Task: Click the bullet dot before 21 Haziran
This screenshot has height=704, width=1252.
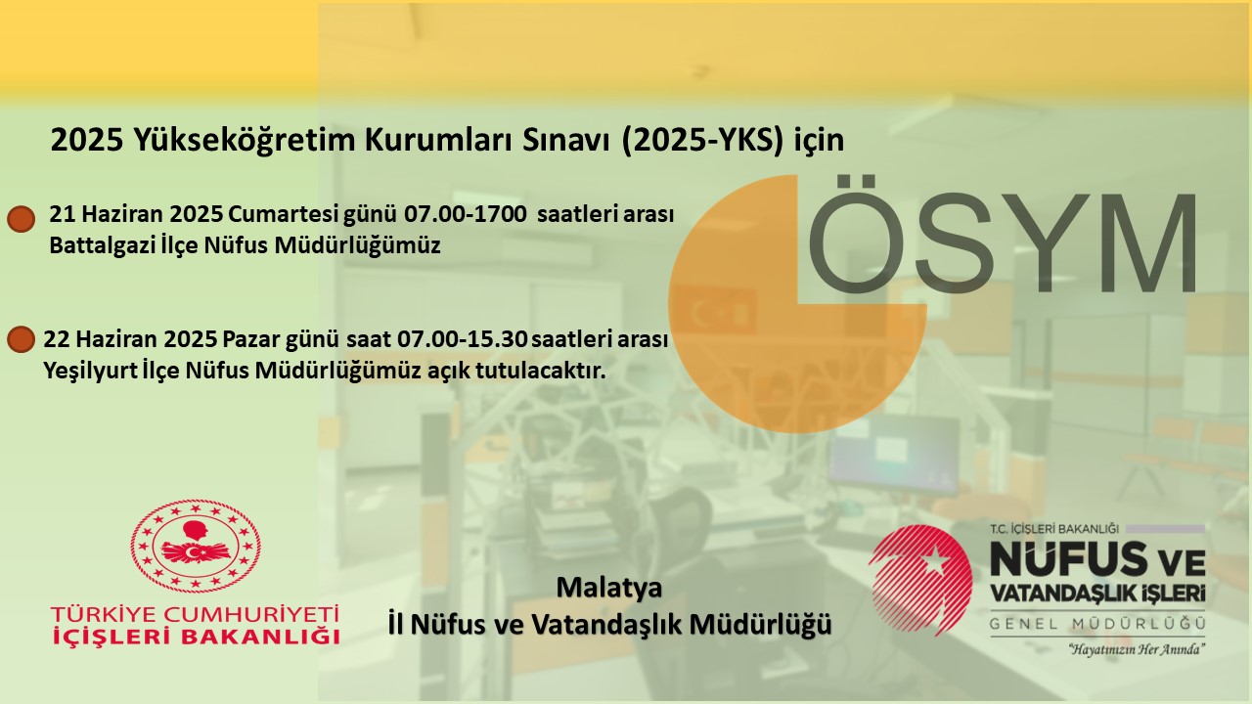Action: point(22,219)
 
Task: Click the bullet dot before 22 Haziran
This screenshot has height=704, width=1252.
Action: point(22,339)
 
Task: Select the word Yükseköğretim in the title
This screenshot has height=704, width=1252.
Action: point(245,140)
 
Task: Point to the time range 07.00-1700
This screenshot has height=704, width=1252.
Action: point(465,214)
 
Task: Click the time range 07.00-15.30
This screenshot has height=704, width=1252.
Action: point(463,338)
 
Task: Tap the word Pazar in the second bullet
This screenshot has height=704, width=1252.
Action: point(251,338)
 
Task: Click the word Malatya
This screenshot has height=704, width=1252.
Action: point(609,588)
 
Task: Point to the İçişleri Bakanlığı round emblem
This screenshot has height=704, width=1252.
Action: point(196,546)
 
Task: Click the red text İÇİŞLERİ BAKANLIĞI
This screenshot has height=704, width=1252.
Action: point(196,637)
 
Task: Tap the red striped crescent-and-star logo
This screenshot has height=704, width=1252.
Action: point(920,580)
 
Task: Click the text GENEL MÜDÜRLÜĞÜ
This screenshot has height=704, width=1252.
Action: point(1097,624)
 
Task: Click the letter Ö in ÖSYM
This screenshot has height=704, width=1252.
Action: point(856,234)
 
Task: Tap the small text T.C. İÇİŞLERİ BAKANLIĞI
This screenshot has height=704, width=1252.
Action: point(1054,529)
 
